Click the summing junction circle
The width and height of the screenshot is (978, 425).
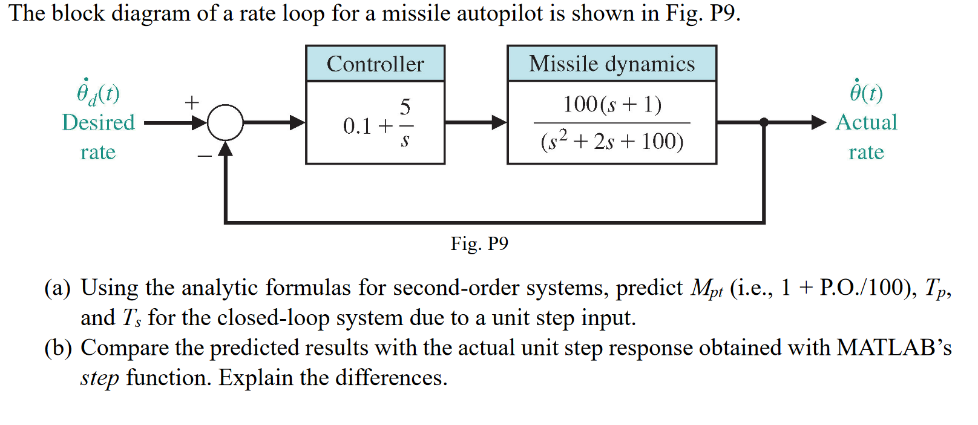coord(225,123)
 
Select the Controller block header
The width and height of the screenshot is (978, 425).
coord(375,64)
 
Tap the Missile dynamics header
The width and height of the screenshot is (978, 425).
coord(612,64)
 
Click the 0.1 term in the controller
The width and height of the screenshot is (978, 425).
coord(357,126)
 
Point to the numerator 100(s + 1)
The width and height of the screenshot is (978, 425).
coord(612,104)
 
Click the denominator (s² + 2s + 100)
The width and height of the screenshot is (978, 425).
coord(612,142)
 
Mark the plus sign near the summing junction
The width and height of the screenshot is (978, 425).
coord(192,102)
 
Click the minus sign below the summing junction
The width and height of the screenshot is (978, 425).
coord(205,156)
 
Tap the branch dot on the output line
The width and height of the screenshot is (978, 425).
coord(764,122)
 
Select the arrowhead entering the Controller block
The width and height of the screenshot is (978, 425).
coord(298,123)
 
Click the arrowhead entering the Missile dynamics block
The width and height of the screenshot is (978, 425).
coord(499,123)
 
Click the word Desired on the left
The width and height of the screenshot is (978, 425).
coord(98,122)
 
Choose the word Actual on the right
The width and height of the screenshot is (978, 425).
coord(866,122)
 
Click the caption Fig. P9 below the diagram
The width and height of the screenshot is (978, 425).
coord(479,243)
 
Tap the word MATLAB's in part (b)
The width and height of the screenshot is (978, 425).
coord(894,348)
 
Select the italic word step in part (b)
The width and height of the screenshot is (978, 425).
coord(99,378)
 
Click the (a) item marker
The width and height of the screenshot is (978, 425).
coord(57,288)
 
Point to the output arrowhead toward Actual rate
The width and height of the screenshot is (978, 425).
coord(818,122)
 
